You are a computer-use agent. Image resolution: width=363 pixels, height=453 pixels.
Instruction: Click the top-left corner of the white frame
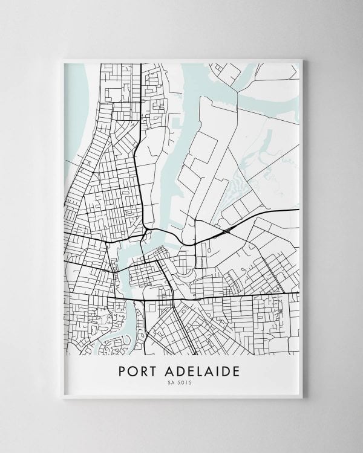63,60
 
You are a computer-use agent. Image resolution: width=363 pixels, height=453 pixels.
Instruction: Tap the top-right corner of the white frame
302,60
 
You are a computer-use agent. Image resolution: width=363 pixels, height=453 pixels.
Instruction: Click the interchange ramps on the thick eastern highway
227,231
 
